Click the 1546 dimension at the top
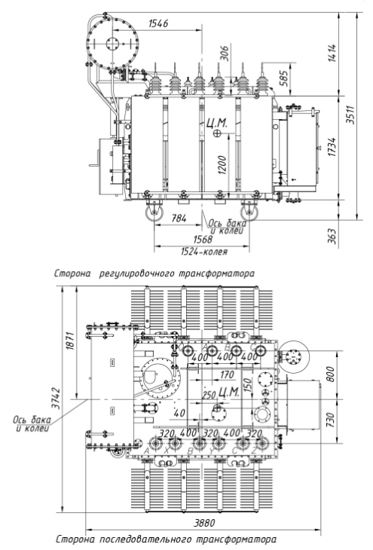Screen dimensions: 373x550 (158, 23)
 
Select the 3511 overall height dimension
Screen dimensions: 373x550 (350, 115)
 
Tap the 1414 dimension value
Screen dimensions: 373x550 (332, 53)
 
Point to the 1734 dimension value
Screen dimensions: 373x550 (332, 147)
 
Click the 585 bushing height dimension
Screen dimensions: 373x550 (284, 78)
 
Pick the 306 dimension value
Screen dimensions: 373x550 (225, 53)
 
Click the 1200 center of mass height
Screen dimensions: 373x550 (222, 165)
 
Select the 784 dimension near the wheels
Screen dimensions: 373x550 (179, 218)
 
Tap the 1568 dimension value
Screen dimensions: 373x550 (203, 240)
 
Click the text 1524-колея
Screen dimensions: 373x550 (204, 252)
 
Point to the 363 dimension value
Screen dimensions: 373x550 (332, 237)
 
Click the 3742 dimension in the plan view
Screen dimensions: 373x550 (56, 398)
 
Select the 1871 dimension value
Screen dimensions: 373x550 (70, 341)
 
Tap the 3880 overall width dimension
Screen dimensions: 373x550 (204, 523)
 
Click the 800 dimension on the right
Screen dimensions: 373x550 (330, 374)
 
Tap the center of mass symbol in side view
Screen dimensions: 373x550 (218, 133)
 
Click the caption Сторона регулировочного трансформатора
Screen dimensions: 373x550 (154, 273)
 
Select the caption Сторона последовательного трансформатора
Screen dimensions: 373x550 (166, 539)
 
